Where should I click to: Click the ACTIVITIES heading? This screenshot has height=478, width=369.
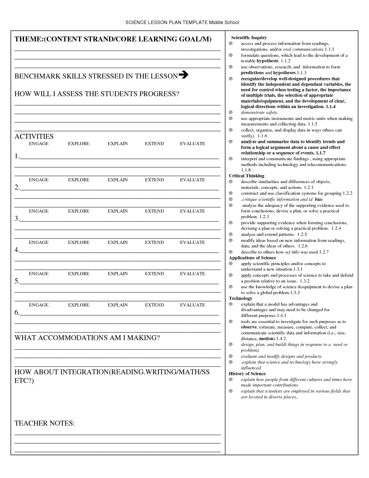point(34,136)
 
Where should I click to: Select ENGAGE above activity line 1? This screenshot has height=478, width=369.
point(39,144)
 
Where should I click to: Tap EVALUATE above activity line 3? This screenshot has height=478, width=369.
point(192,211)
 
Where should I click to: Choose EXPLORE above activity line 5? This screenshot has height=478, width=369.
point(79,274)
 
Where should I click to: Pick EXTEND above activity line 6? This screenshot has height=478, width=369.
point(154,305)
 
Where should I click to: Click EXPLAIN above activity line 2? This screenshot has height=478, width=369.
point(118,180)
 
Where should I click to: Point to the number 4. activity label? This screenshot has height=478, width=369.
point(17,250)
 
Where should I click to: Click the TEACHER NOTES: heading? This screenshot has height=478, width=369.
point(45,423)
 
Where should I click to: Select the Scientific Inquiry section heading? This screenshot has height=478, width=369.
point(249,38)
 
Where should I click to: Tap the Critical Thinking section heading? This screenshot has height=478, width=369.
point(247,176)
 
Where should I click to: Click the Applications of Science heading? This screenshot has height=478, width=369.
point(252,258)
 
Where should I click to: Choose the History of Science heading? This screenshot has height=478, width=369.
point(247,374)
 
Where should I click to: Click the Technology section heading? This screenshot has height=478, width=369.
point(241,298)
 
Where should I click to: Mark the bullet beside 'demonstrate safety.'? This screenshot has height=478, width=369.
point(231,112)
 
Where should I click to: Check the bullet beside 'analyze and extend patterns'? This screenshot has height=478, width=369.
point(231,234)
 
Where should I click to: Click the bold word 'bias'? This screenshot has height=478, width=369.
point(318,199)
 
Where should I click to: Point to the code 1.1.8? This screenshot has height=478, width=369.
point(246,170)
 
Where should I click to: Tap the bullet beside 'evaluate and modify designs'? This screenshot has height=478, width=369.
point(231,356)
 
